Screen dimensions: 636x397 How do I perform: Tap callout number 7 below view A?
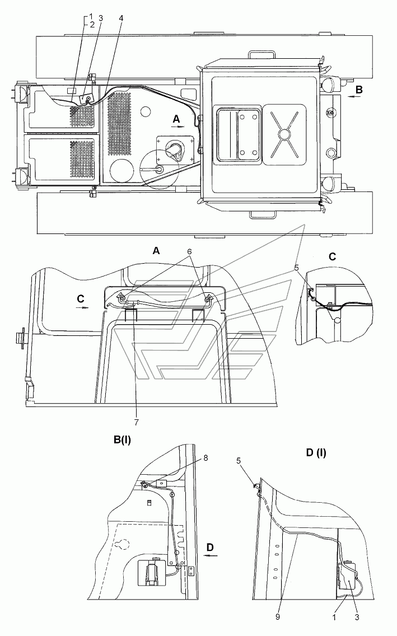(134, 422)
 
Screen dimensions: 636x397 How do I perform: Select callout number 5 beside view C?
(297, 268)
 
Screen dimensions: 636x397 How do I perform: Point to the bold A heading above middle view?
(156, 252)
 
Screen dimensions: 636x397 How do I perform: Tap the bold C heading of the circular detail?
(331, 257)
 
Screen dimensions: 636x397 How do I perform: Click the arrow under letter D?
(211, 556)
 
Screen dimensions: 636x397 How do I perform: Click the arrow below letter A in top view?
(178, 127)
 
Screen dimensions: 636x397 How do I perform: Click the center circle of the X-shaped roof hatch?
(284, 134)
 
